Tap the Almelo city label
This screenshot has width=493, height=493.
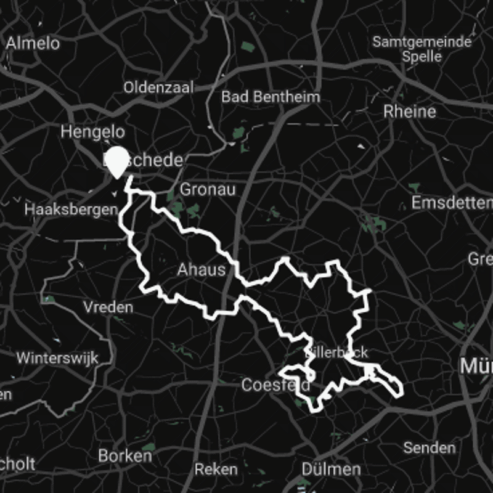click(33, 43)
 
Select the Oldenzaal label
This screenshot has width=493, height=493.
click(158, 87)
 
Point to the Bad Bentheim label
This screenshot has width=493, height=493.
click(271, 97)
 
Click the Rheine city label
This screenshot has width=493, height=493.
click(409, 112)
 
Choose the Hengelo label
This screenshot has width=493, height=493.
click(92, 131)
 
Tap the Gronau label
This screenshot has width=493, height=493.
click(208, 189)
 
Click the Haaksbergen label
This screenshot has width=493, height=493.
click(71, 210)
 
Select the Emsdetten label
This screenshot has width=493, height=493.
click(452, 203)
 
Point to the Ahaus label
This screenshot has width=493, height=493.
click(201, 269)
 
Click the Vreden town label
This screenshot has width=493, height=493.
click(108, 307)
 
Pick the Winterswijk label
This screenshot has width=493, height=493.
click(57, 358)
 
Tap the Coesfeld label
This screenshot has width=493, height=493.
click(275, 386)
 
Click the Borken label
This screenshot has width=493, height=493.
click(125, 456)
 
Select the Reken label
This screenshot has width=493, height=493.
click(216, 469)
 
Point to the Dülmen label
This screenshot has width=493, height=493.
click(331, 469)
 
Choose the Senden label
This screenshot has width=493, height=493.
click(430, 447)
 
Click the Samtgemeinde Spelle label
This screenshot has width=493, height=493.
click(422, 49)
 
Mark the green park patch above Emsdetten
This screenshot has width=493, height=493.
click(414, 187)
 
